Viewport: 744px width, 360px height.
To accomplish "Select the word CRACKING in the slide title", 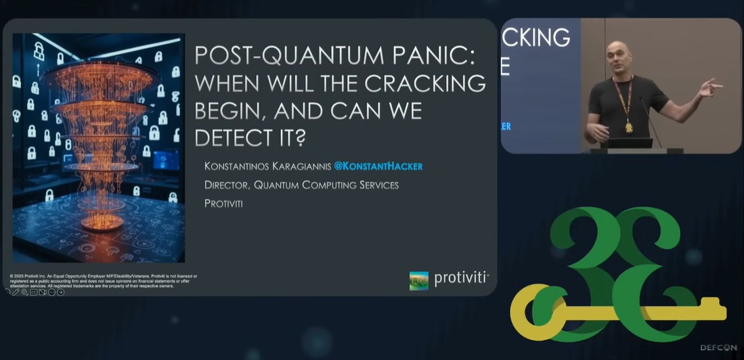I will [432, 83].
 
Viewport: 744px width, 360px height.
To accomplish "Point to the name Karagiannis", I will [297, 166].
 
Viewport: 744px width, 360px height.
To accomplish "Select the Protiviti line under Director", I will [223, 202].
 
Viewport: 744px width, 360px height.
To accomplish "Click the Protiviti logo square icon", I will [419, 280].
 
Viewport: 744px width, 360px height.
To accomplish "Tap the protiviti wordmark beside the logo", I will [461, 278].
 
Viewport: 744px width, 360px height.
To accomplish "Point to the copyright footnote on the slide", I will [102, 281].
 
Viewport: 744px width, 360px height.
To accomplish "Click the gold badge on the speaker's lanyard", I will [629, 127].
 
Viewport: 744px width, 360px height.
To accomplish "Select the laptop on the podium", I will [630, 143].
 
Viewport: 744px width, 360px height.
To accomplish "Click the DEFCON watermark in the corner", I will [718, 348].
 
